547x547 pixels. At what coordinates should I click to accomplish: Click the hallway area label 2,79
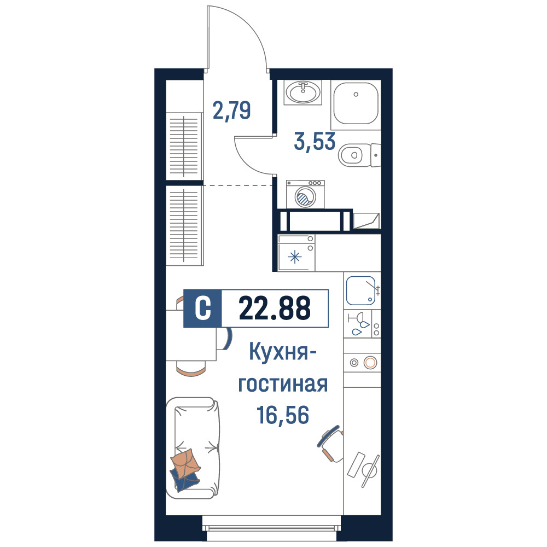pos(231,110)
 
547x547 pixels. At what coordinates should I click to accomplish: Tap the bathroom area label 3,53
pos(315,142)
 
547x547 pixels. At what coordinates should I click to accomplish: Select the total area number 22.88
pos(275,308)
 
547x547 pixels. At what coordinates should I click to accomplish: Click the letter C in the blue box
pos(203,309)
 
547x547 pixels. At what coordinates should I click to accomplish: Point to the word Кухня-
pos(283,352)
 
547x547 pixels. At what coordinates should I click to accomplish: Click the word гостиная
pos(283,384)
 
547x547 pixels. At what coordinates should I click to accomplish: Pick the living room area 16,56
pos(283,415)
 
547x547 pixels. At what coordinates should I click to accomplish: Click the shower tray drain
pos(356,94)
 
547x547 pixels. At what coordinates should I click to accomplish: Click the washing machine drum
pos(305,197)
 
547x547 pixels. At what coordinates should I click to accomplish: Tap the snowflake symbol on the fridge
pos(295,258)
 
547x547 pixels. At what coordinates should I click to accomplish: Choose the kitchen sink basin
pos(360,290)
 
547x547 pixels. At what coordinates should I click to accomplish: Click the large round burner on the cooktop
pos(370,363)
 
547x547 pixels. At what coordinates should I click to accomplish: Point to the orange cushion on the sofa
pos(185,463)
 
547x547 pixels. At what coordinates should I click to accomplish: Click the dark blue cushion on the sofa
pos(184,481)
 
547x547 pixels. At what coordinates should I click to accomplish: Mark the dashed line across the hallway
pos(238,185)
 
